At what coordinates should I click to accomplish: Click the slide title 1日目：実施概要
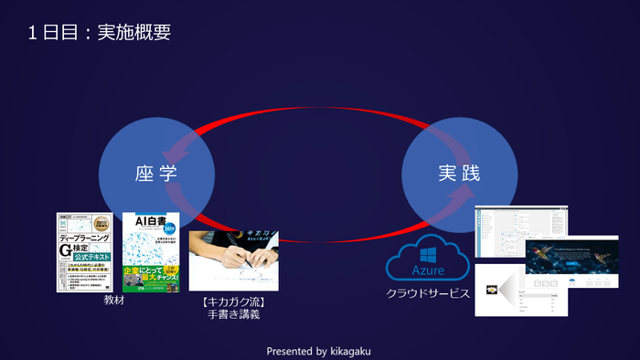coord(99,33)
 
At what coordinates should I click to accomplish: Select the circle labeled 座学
coord(156,173)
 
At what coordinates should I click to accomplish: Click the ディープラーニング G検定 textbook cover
coord(84,252)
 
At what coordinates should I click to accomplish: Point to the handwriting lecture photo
coord(232,261)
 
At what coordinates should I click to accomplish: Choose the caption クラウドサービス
coord(427,293)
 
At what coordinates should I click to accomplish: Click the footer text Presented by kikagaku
coord(319,350)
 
